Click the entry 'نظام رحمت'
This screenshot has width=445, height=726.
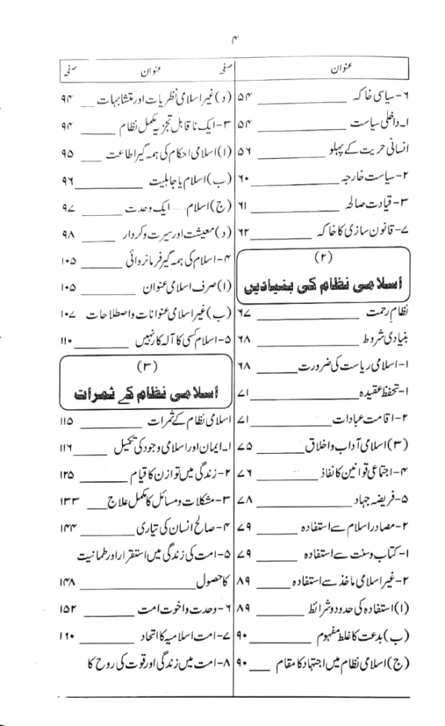(x=400, y=311)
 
